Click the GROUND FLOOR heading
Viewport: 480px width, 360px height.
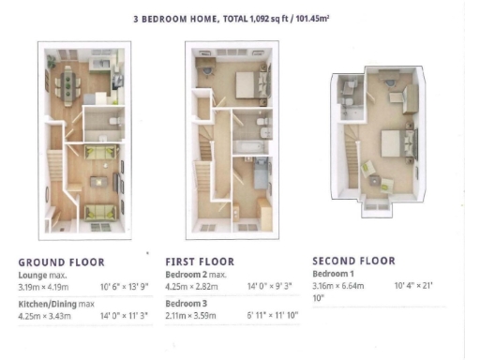pyautogui.click(x=61, y=262)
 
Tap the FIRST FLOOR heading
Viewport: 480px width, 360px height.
pyautogui.click(x=199, y=262)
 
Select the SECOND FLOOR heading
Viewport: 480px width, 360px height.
pyautogui.click(x=352, y=261)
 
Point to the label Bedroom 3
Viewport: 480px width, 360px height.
pyautogui.click(x=186, y=304)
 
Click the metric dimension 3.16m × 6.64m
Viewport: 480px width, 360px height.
pyautogui.click(x=337, y=284)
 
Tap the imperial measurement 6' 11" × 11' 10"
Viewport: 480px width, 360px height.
pyautogui.click(x=274, y=316)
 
